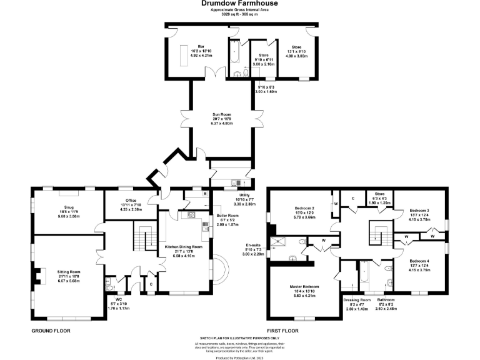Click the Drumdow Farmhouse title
tap(239, 3)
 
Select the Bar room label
tap(201, 46)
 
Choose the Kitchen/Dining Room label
tap(183, 247)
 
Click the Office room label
tap(131, 201)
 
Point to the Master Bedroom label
tap(304, 287)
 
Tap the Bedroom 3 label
tap(419, 211)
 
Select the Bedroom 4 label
tap(419, 261)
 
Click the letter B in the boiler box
tap(205, 194)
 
